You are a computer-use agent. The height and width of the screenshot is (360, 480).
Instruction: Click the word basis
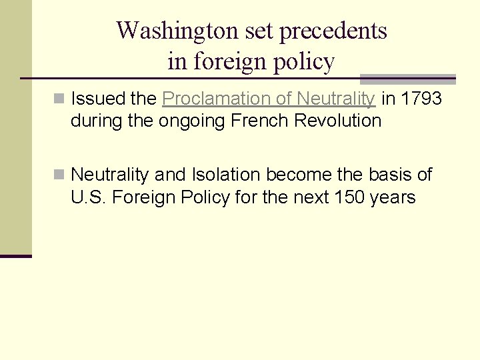point(389,175)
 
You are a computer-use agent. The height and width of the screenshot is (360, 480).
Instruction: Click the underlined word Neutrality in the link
point(336,99)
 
